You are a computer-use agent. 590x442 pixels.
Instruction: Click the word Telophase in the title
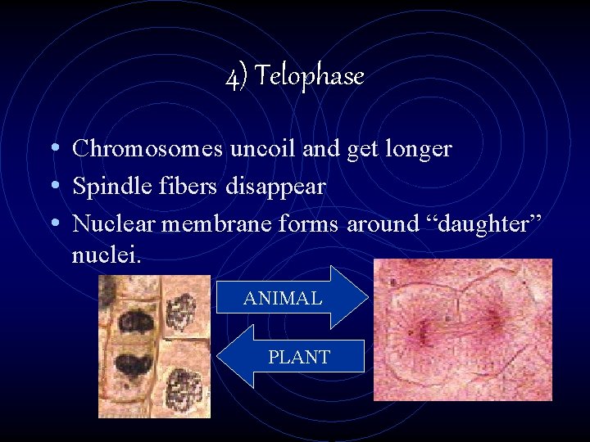click(310, 77)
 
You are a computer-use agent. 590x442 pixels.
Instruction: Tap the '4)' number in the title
click(235, 77)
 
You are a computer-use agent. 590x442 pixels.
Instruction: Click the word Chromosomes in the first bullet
click(145, 149)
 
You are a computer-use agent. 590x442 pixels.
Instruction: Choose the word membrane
click(213, 223)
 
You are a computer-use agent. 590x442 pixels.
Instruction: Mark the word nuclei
click(107, 255)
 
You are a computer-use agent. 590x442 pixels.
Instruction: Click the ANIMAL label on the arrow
click(282, 299)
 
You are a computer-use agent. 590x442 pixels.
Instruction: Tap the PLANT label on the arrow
click(298, 357)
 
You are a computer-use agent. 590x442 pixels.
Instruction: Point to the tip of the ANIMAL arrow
click(366, 297)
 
